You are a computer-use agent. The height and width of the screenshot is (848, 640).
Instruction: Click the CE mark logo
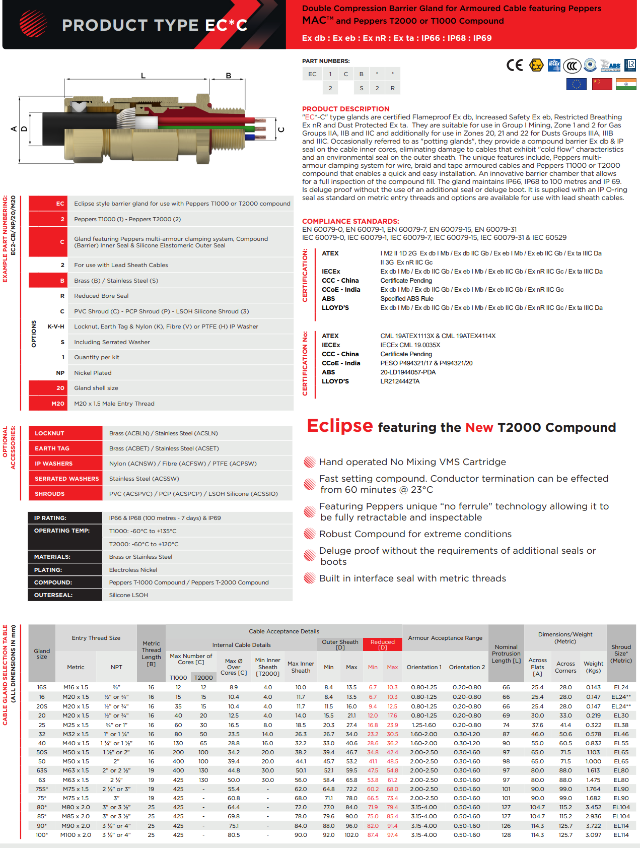pos(514,66)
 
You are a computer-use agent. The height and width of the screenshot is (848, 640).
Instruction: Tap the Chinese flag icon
pos(602,84)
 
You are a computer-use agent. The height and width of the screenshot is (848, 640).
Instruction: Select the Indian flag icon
pos(626,84)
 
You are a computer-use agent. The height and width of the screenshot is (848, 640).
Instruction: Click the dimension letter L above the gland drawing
pos(143,76)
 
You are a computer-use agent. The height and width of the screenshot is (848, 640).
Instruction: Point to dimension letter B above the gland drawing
pos(228,76)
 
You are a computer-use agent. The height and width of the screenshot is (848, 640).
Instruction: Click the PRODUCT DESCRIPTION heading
pos(345,109)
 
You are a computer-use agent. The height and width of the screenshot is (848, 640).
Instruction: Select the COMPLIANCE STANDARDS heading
pos(350,221)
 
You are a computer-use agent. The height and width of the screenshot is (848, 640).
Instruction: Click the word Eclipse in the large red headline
pos(340,426)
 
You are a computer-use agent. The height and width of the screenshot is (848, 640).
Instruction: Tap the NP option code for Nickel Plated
pos(60,373)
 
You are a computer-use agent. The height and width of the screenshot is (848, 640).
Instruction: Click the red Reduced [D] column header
pos(383,644)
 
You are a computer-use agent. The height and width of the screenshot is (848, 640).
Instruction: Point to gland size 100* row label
pos(42,835)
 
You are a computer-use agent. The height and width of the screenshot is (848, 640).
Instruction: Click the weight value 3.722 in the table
pos(593,826)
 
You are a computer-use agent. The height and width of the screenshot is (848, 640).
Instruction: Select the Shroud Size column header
pos(621,654)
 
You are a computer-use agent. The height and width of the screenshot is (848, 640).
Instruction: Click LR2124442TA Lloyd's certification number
pos(400,381)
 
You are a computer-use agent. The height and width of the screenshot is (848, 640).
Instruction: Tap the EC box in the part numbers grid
pos(312,74)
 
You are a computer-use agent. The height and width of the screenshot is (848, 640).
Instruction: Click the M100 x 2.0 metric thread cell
pos(76,835)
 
